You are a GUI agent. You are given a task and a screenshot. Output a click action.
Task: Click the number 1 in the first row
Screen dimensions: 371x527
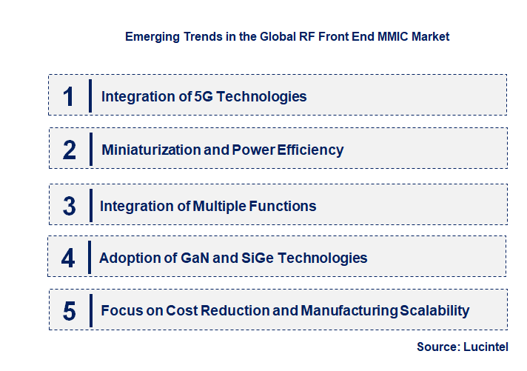coord(69,96)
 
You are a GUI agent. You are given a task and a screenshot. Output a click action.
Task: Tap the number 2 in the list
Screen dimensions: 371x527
coord(70,150)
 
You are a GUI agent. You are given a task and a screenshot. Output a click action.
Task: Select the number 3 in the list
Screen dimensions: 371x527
coord(70,206)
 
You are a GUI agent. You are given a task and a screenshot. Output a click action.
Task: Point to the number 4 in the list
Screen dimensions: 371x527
coord(68,258)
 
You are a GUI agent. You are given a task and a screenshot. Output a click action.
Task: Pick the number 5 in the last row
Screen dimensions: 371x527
coord(70,311)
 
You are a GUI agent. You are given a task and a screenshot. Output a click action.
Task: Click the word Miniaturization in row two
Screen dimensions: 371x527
coord(151,150)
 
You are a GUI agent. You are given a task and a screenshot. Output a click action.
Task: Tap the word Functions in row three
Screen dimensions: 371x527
coord(287,206)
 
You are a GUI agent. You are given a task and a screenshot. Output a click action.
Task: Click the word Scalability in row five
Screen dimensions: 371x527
coord(434,311)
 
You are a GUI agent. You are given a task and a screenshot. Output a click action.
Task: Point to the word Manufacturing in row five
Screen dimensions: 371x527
coord(349,311)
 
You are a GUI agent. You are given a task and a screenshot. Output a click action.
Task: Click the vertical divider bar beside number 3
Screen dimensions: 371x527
coord(90,206)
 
